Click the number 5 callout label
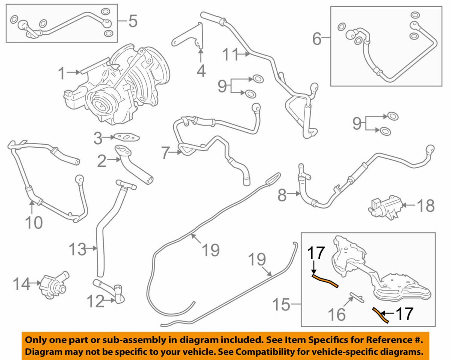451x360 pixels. coord(132,21)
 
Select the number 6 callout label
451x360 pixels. coord(317,38)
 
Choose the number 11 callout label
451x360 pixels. coord(230,55)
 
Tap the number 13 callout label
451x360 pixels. coord(78,249)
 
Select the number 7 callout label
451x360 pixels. coord(165,153)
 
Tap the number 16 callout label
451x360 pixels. coord(337,314)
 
